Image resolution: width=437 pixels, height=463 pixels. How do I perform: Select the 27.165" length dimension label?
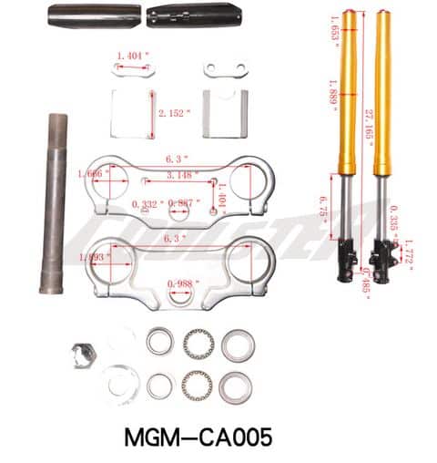click(x=369, y=138)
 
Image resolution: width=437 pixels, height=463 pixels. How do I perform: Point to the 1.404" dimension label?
click(x=133, y=57)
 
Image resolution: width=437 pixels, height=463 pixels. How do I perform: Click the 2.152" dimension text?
click(x=173, y=113)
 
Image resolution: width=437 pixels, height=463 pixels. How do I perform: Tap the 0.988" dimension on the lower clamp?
click(x=179, y=284)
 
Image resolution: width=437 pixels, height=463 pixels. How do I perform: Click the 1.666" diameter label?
click(x=119, y=171)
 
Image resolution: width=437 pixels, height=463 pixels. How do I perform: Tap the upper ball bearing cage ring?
click(x=197, y=344)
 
